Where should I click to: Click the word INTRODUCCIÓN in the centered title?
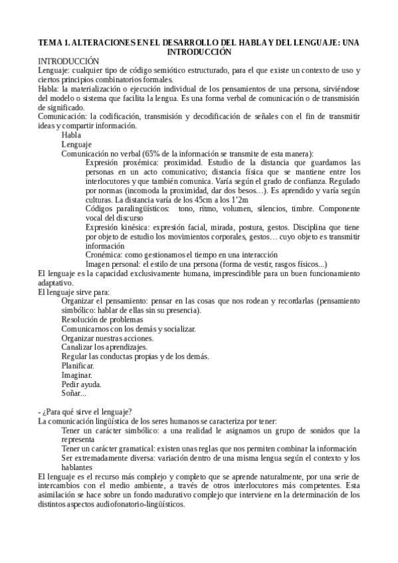point(199,51)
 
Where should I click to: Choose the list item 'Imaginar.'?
point(77,374)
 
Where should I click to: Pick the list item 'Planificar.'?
point(78,365)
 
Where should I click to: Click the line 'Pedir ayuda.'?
point(82,384)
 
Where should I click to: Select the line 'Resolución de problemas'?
point(102,319)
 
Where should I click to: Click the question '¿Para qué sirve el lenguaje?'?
point(86,412)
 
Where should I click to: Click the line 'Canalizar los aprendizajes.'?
point(104,347)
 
